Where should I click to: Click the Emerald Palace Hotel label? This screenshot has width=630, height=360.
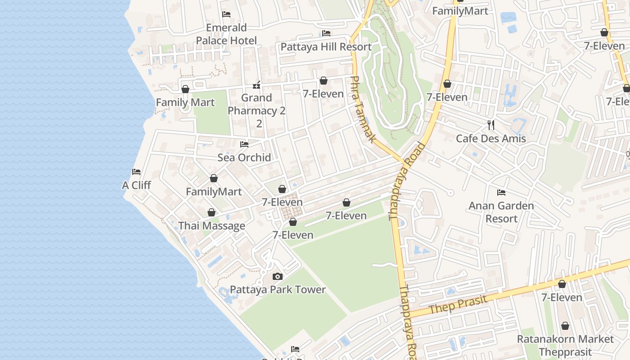pyautogui.click(x=226, y=34)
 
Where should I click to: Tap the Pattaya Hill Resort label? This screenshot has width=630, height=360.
pyautogui.click(x=326, y=47)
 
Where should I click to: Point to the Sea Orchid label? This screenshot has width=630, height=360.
pyautogui.click(x=244, y=157)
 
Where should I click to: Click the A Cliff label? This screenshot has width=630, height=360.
pyautogui.click(x=136, y=185)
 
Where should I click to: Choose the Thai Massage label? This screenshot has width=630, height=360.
pyautogui.click(x=212, y=226)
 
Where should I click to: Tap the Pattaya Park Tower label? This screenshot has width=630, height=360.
pyautogui.click(x=278, y=289)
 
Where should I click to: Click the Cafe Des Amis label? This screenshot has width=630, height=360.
pyautogui.click(x=491, y=138)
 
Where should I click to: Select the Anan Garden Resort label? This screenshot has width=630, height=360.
pyautogui.click(x=501, y=212)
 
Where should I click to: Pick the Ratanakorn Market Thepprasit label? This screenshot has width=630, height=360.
pyautogui.click(x=565, y=345)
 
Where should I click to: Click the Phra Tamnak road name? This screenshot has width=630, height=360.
pyautogui.click(x=362, y=109)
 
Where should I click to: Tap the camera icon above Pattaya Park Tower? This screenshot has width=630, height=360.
pyautogui.click(x=278, y=276)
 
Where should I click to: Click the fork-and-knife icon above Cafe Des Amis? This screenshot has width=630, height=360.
pyautogui.click(x=491, y=125)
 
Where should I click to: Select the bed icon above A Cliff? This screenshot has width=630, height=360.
pyautogui.click(x=136, y=172)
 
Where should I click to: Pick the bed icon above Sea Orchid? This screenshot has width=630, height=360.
pyautogui.click(x=244, y=144)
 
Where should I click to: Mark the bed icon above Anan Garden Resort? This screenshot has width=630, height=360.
pyautogui.click(x=501, y=193)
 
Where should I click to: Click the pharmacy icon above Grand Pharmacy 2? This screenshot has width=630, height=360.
pyautogui.click(x=256, y=85)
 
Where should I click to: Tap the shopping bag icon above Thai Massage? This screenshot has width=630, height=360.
pyautogui.click(x=211, y=212)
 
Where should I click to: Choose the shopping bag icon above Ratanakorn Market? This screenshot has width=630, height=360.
pyautogui.click(x=565, y=326)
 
